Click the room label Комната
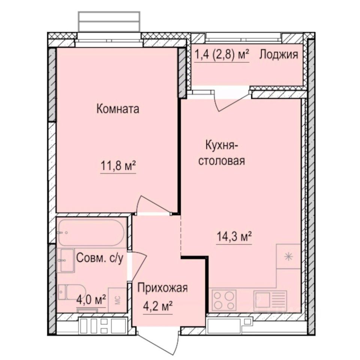(118, 109)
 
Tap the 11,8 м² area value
(118, 166)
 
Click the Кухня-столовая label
(225, 153)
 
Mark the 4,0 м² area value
(91, 300)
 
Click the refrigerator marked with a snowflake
(288, 256)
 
